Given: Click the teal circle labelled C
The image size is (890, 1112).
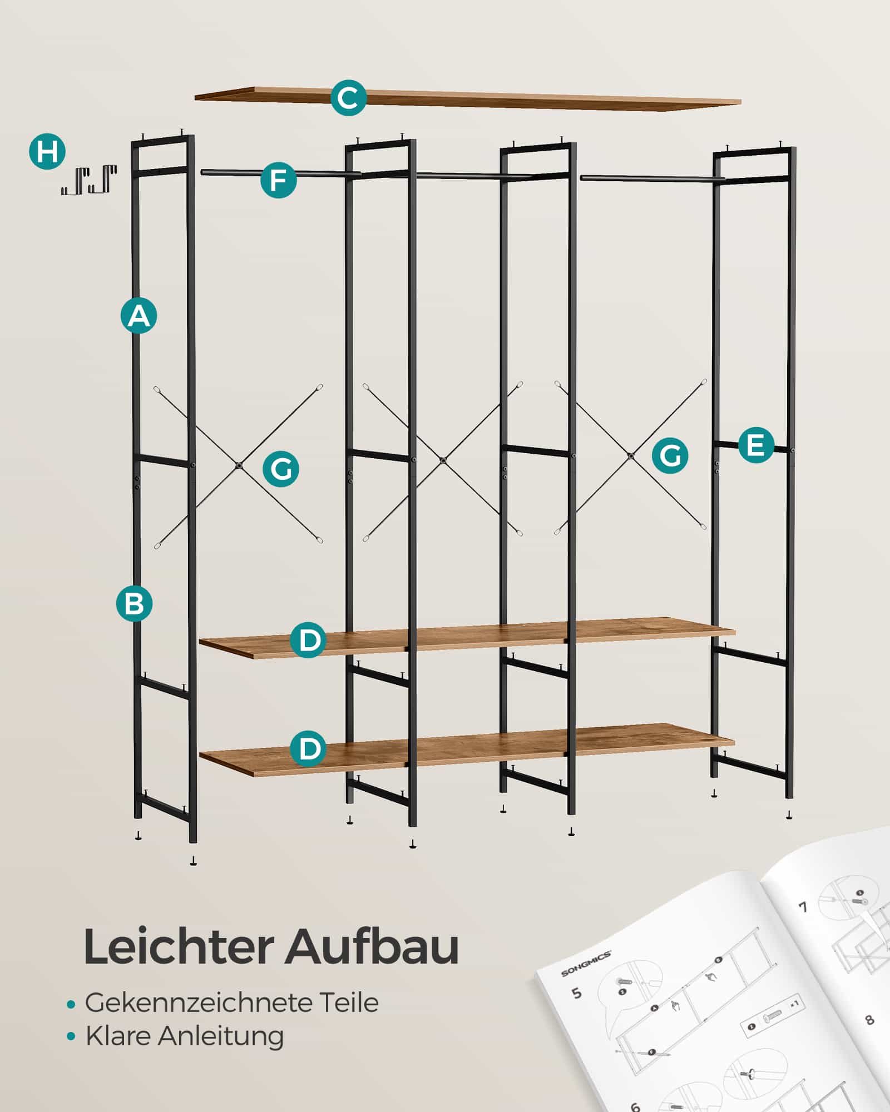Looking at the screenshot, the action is coord(348,98).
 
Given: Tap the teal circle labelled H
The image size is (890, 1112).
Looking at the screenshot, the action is coord(47,151).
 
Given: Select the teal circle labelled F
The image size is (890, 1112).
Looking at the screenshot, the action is coord(278,180).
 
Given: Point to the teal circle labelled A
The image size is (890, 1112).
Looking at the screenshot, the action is coord(139,315).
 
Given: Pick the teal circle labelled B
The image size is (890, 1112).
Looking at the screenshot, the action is coord(134,603).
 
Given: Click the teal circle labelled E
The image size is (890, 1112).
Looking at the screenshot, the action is coord(756,445).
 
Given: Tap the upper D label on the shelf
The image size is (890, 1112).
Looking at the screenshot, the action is coord(308,640).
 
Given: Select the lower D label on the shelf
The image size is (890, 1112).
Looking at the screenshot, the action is coord(308,748).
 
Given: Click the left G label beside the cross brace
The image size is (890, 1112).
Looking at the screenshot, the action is coord(281,469).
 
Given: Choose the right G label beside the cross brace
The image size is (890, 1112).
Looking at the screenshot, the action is coord(670,455).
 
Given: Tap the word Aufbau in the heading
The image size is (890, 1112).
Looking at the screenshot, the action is coord(372,947).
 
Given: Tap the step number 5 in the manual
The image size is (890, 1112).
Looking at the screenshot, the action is coord(576,992).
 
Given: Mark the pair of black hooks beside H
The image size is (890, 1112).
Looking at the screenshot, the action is coord(89,179).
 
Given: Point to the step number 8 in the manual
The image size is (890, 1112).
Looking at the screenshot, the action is coord(870,1020).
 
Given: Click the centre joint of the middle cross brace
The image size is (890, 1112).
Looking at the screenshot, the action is coord(443,460).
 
